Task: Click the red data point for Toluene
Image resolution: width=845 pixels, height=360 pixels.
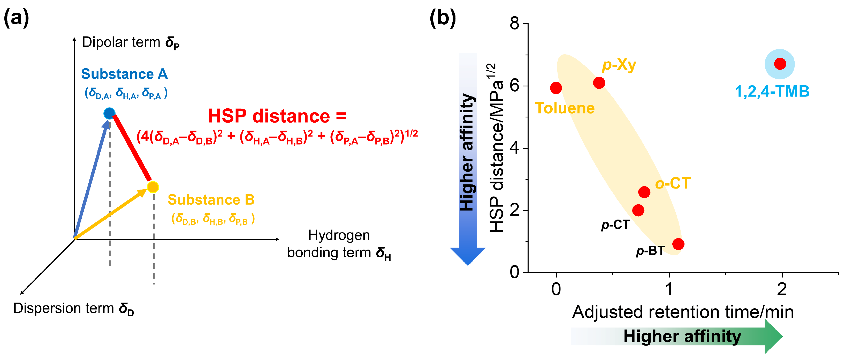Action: (556, 88)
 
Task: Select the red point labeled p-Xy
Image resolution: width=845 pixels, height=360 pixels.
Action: (599, 83)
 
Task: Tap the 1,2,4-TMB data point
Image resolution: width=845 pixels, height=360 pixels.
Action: (780, 64)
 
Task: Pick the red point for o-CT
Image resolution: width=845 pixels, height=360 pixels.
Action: (644, 192)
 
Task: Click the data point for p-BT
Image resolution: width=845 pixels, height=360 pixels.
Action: (678, 244)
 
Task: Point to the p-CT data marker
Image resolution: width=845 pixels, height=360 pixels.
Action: (638, 210)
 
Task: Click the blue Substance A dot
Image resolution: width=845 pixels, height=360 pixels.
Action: (109, 113)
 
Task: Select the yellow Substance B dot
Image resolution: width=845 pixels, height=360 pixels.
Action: (153, 187)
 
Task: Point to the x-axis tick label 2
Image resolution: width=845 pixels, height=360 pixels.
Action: (782, 289)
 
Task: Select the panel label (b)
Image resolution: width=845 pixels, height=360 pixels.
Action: (443, 18)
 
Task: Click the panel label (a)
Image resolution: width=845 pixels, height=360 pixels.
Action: (16, 18)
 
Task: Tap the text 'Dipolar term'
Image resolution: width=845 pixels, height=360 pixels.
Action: (121, 42)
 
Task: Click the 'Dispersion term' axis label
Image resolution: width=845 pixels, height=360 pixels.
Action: (64, 308)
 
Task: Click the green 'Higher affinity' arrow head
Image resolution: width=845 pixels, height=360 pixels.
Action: (773, 336)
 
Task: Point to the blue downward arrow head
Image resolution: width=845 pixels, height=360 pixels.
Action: (467, 256)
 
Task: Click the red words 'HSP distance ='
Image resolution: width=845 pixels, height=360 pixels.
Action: (277, 116)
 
